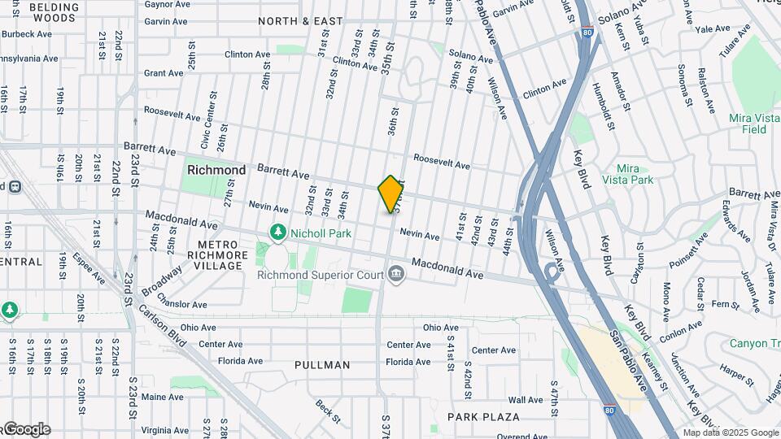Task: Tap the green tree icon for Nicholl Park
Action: click(278, 233)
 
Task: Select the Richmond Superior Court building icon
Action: click(396, 274)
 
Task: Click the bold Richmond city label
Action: click(216, 170)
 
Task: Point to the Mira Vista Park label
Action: click(628, 173)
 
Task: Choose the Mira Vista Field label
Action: click(748, 124)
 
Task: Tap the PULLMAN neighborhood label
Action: click(322, 365)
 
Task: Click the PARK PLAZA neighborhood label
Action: click(483, 417)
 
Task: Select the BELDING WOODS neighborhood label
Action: click(55, 11)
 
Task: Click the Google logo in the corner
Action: click(26, 429)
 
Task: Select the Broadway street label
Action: click(162, 280)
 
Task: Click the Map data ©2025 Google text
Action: click(731, 432)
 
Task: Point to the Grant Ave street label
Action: click(164, 73)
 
